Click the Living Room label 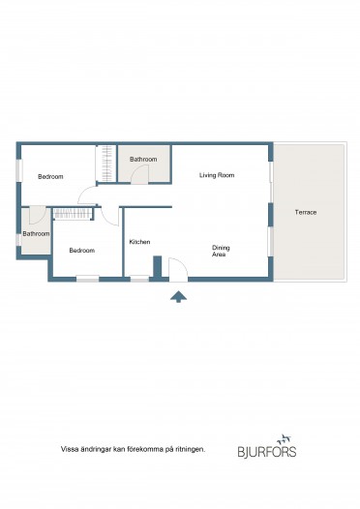click(x=217, y=175)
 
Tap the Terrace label click(x=306, y=212)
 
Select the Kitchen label click(x=139, y=242)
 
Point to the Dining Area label click(x=221, y=251)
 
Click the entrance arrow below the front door click(x=178, y=297)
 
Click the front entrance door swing click(x=178, y=269)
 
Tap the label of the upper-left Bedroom click(x=50, y=176)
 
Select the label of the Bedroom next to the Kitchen click(x=82, y=251)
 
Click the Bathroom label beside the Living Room click(x=143, y=159)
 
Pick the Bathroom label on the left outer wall click(x=36, y=234)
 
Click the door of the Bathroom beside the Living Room click(x=140, y=174)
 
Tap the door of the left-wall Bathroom click(x=38, y=215)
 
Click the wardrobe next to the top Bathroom click(x=106, y=164)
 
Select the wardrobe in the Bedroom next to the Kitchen click(x=73, y=214)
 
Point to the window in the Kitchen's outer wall click(x=139, y=279)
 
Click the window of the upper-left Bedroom click(x=19, y=170)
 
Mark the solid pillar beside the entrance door click(x=158, y=267)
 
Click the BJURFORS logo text click(x=267, y=452)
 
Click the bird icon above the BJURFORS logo click(x=285, y=439)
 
